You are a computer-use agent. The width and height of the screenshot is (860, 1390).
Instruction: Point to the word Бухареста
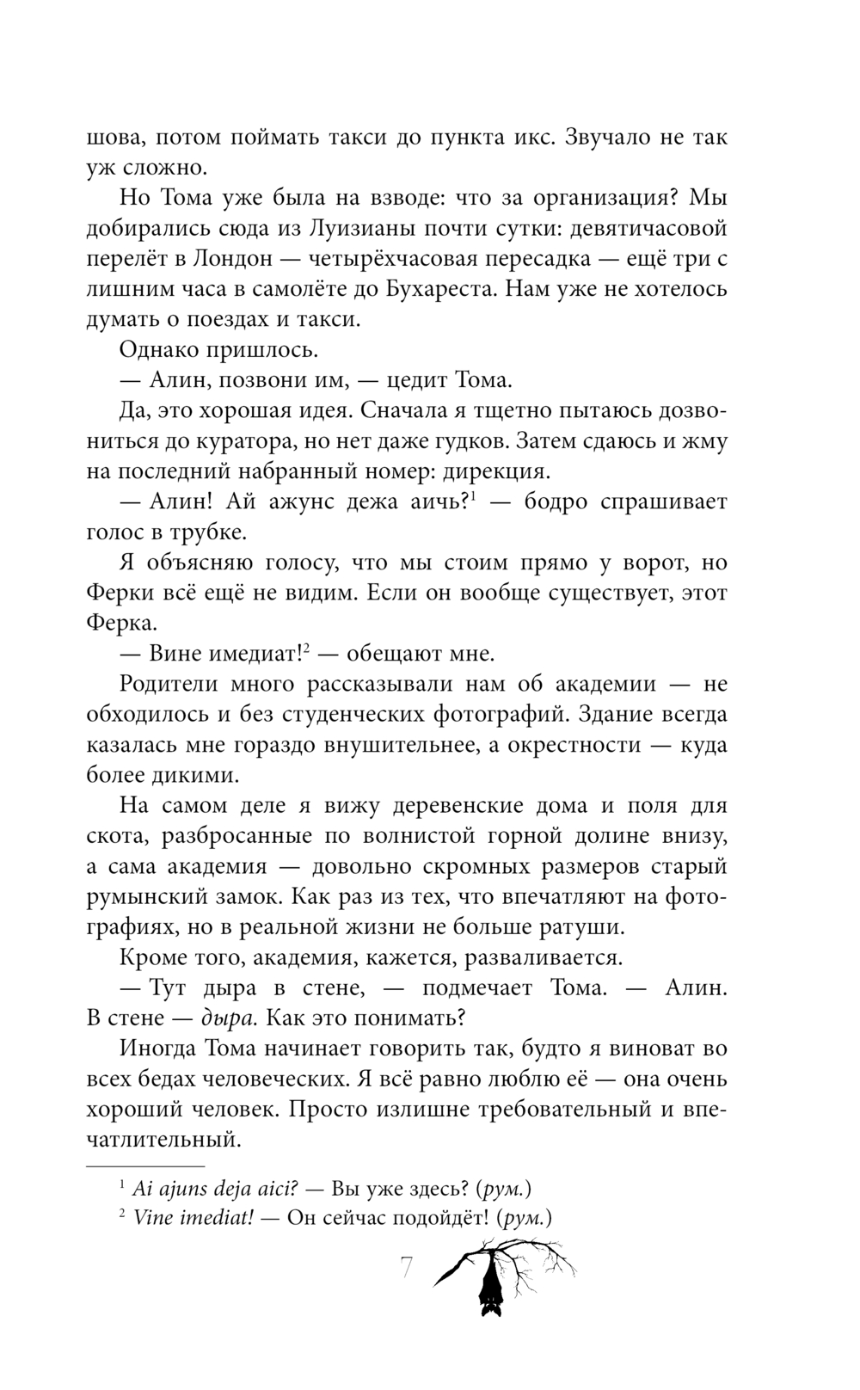click(427, 289)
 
